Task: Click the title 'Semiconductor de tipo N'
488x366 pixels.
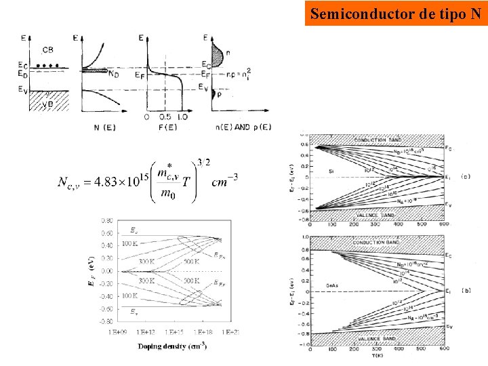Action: click(x=396, y=13)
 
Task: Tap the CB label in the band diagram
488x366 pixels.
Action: click(x=48, y=50)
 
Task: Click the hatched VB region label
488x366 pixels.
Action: click(x=48, y=102)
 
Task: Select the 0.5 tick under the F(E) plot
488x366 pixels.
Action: click(x=165, y=117)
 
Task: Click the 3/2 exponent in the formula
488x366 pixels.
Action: click(x=203, y=162)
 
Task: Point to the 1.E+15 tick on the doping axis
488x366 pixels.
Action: click(x=173, y=332)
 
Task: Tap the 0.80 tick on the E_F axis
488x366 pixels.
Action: click(x=107, y=221)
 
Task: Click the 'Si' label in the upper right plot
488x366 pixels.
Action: click(x=331, y=171)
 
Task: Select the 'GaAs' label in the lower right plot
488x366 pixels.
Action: click(x=333, y=286)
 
